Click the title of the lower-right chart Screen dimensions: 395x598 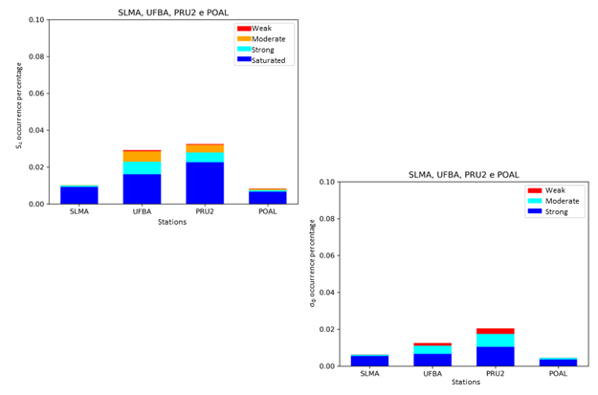click(x=464, y=174)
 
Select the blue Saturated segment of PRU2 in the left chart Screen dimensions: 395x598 click(x=205, y=183)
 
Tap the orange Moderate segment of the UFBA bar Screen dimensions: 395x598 click(x=142, y=156)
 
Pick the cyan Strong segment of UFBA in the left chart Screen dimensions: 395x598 click(x=142, y=168)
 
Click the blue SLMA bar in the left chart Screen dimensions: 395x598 click(x=78, y=195)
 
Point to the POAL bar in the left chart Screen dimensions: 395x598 click(x=267, y=198)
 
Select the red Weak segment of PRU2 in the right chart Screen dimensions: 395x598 click(x=497, y=331)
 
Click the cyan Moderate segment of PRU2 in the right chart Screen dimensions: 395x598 click(x=497, y=340)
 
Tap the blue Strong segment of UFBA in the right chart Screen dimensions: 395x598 click(x=433, y=360)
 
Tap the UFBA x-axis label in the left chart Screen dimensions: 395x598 click(x=142, y=211)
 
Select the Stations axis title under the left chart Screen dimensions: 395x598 click(x=172, y=222)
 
